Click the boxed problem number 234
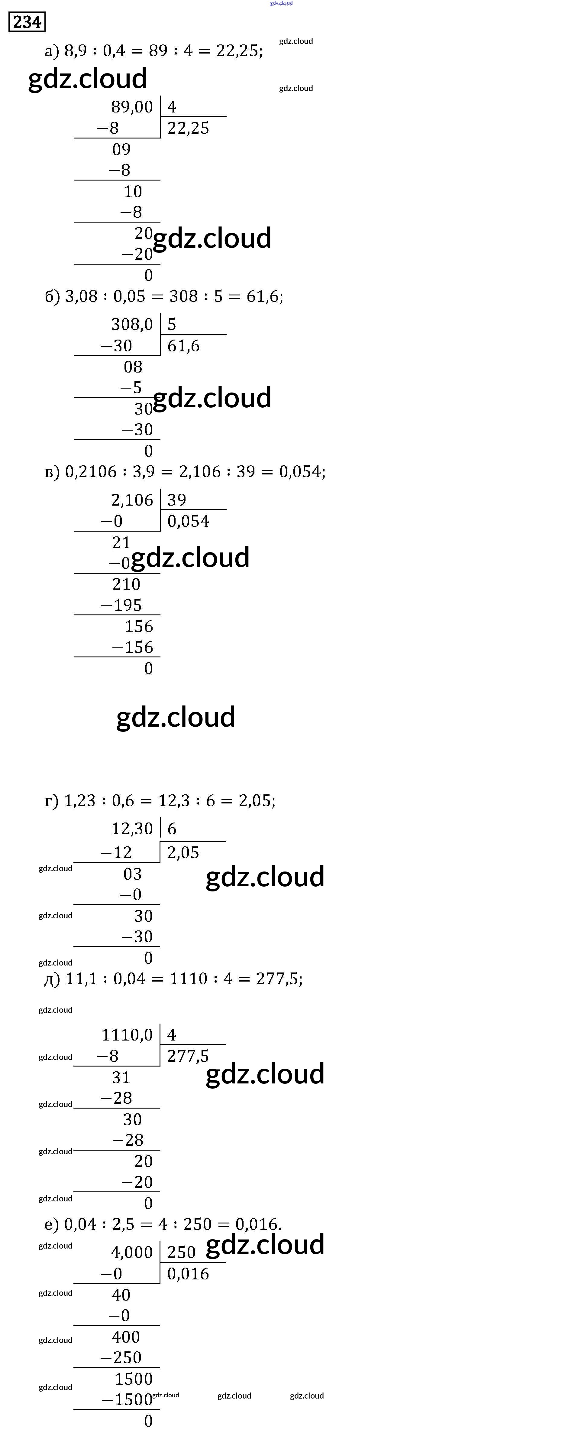(x=27, y=22)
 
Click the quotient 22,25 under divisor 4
(x=188, y=128)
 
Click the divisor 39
(x=176, y=500)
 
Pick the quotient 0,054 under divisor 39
(x=188, y=521)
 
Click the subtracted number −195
(x=121, y=605)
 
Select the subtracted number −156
(x=132, y=647)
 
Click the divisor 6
(x=172, y=829)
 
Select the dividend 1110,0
(x=127, y=1035)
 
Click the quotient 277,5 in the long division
(x=188, y=1056)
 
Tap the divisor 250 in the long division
(x=181, y=1252)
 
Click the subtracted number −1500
(x=127, y=1400)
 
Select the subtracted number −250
(x=121, y=1358)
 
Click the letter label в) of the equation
(x=52, y=472)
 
